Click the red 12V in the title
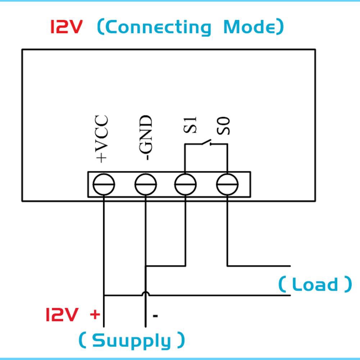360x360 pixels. click(67, 27)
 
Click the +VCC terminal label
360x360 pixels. click(101, 138)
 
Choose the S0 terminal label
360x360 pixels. click(225, 126)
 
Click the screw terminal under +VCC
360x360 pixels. click(104, 184)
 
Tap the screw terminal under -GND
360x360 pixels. click(146, 184)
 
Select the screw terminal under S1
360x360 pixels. click(186, 184)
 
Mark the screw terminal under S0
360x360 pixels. click(227, 184)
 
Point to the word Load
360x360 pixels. click(315, 284)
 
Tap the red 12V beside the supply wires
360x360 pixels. click(61, 315)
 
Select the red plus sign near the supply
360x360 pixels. click(95, 315)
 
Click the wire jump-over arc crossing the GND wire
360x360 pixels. click(146, 293)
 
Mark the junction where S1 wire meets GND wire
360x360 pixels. click(146, 266)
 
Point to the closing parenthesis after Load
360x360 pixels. click(347, 284)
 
